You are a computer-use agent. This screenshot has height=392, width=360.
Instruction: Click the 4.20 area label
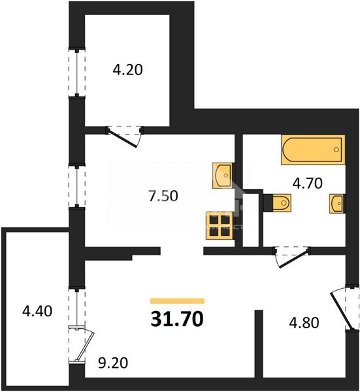pyautogui.click(x=127, y=70)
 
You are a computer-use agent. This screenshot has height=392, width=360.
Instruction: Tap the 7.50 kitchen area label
pyautogui.click(x=163, y=196)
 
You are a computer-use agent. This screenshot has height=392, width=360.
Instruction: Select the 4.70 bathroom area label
pyautogui.click(x=308, y=183)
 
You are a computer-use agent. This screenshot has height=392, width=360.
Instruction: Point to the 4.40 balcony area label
pyautogui.click(x=37, y=311)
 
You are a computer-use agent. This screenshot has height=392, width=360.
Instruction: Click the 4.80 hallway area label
pyautogui.click(x=304, y=323)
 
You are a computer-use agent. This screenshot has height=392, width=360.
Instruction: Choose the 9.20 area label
pyautogui.click(x=113, y=363)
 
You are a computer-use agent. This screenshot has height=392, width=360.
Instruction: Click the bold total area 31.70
pyautogui.click(x=177, y=319)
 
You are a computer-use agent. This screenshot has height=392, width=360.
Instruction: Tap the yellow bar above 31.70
pyautogui.click(x=177, y=301)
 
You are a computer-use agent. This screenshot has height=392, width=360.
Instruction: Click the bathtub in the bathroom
pyautogui.click(x=313, y=150)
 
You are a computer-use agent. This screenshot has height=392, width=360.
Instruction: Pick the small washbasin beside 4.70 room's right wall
pyautogui.click(x=337, y=204)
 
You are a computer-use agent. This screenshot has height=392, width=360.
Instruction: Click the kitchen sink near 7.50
pyautogui.click(x=222, y=176)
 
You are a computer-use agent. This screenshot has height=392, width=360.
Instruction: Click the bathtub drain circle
pyautogui.click(x=336, y=150)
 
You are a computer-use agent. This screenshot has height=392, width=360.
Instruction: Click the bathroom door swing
pyautogui.click(x=292, y=257)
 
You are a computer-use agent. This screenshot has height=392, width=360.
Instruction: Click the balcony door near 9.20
pyautogui.click(x=80, y=344)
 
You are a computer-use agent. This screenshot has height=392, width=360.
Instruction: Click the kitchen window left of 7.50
pyautogui.click(x=77, y=186)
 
